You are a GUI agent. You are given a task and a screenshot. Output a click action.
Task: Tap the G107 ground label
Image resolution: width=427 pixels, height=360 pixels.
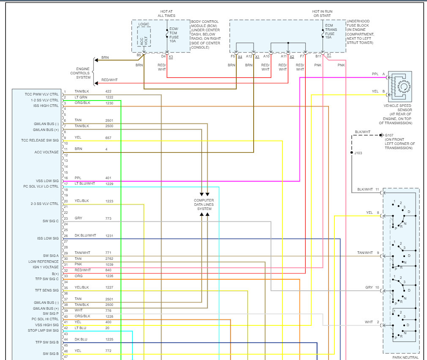pos(389,136)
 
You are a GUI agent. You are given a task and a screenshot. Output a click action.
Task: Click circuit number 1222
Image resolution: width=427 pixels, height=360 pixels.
pos(109,97)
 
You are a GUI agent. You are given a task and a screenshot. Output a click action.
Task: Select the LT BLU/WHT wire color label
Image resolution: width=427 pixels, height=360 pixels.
pos(85,184)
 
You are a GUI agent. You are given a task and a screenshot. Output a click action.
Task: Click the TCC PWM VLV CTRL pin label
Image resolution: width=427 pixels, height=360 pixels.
pos(42,94)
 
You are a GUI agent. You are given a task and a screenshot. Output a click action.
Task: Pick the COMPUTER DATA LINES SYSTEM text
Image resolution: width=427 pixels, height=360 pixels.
pos(204,205)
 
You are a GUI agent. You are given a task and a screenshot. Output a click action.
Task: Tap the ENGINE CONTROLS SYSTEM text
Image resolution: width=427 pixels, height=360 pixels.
pos(83,73)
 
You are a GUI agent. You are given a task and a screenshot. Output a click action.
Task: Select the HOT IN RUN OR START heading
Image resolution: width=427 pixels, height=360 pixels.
pos(322,14)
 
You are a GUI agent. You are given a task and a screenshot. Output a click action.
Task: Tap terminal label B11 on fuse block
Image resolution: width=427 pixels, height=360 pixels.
pos(318,56)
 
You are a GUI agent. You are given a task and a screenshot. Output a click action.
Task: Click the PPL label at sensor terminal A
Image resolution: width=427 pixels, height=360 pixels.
pos(375,74)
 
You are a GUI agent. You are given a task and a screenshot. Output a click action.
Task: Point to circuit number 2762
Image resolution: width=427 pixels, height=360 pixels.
pos(109,259)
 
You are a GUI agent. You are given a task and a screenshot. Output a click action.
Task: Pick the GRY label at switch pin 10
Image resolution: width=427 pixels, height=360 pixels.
pos(369,287)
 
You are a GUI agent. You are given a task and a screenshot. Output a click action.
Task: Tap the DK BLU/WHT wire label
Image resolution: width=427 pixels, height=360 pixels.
pos(85,235)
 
